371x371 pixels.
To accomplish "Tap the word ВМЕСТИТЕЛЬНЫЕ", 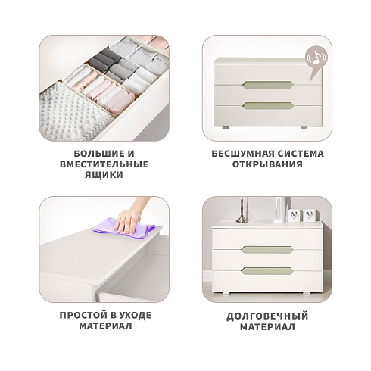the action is pyautogui.click(x=104, y=164).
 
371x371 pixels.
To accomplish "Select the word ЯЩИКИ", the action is pyautogui.click(x=104, y=175).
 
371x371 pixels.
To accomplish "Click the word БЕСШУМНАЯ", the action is pyautogui.click(x=243, y=154).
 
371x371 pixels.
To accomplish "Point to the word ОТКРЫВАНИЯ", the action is pyautogui.click(x=267, y=164).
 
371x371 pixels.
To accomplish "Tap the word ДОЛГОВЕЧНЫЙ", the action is pyautogui.click(x=267, y=316).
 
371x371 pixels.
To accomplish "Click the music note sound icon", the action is pyautogui.click(x=316, y=58).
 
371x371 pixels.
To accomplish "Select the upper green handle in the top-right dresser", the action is pyautogui.click(x=268, y=85).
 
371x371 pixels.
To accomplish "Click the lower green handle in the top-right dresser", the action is pyautogui.click(x=268, y=106).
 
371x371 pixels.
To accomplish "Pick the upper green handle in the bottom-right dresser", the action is pyautogui.click(x=267, y=250).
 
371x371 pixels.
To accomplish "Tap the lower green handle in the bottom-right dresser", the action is pyautogui.click(x=267, y=271).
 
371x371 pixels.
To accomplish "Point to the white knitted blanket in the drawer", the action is pyautogui.click(x=73, y=111).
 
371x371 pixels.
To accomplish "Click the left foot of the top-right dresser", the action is pyautogui.click(x=226, y=127).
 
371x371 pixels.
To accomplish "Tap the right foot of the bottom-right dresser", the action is pyautogui.click(x=305, y=294).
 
